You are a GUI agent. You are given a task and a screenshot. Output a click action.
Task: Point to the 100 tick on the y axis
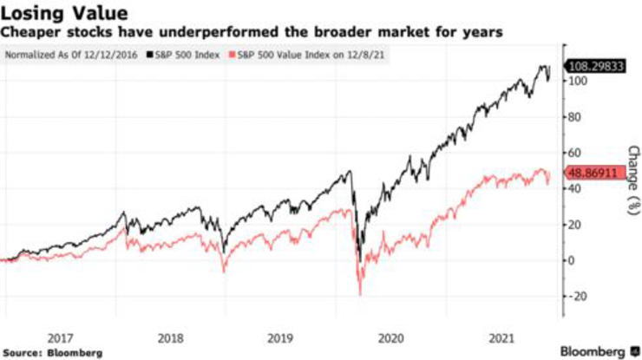pos(575,81)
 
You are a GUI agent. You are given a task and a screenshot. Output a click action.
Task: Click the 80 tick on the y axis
pos(573,117)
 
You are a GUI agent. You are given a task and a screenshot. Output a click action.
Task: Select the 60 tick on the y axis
pos(573,153)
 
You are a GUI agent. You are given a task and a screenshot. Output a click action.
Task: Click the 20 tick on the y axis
pos(573,225)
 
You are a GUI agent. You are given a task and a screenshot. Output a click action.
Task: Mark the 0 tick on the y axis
pos(571,260)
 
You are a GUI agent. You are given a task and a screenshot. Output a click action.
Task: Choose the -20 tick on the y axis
pos(574,296)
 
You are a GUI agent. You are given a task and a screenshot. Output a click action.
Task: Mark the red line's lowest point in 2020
pos(360,296)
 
